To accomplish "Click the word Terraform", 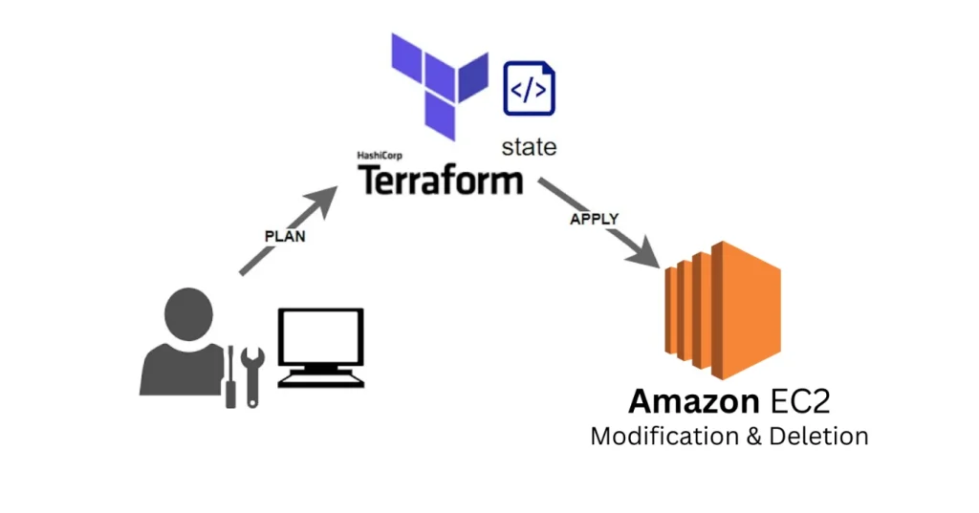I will tap(441, 179).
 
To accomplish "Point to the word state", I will tap(529, 147).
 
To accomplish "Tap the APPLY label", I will tap(595, 219).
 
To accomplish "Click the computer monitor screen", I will tap(320, 338).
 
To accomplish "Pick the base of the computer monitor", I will tap(320, 379).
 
